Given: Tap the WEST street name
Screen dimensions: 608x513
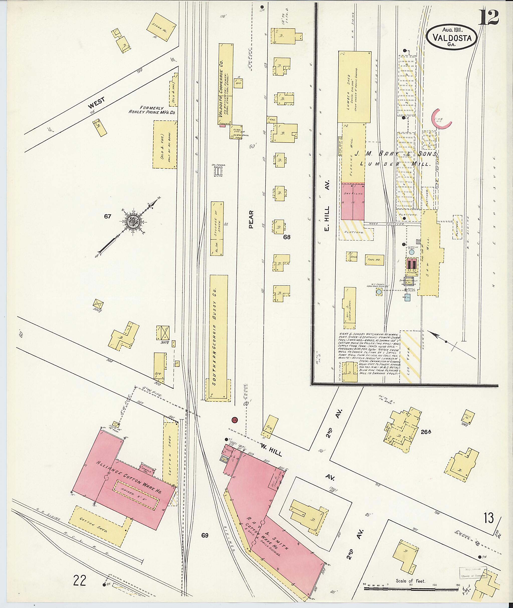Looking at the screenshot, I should click(x=97, y=103).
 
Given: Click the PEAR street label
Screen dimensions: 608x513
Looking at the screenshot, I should click(x=251, y=220).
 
